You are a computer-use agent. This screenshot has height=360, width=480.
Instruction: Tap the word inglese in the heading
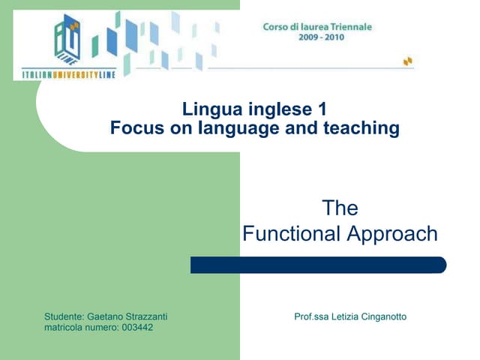277,109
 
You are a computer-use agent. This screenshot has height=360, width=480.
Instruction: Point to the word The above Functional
340,208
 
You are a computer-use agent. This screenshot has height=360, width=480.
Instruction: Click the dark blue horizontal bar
318,265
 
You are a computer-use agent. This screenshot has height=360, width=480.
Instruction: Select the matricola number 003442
136,328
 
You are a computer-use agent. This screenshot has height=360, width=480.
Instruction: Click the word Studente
64,316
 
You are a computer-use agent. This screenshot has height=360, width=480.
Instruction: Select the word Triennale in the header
348,27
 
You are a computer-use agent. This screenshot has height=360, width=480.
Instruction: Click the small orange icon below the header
407,61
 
